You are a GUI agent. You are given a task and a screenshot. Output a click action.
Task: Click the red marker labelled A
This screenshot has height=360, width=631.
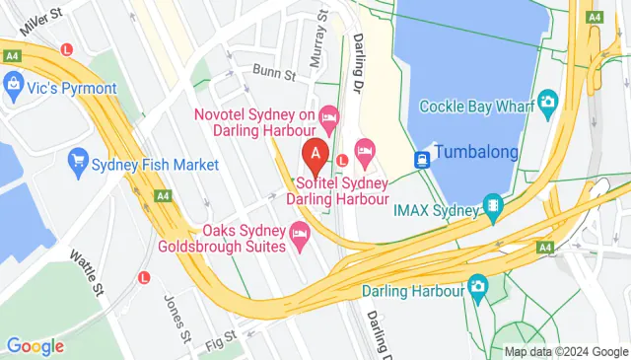tap(315, 154)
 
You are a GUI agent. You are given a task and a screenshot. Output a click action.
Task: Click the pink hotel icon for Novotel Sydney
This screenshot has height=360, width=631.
tap(329, 117)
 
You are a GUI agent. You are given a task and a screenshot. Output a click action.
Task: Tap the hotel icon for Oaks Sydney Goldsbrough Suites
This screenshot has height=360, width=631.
tap(300, 233)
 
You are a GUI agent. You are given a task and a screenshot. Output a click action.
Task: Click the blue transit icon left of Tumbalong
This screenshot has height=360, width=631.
tap(422, 156)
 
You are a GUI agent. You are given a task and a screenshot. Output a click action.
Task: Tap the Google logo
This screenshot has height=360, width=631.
tap(35, 346)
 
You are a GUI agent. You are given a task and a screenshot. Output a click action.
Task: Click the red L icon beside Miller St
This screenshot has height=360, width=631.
tap(66, 48)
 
